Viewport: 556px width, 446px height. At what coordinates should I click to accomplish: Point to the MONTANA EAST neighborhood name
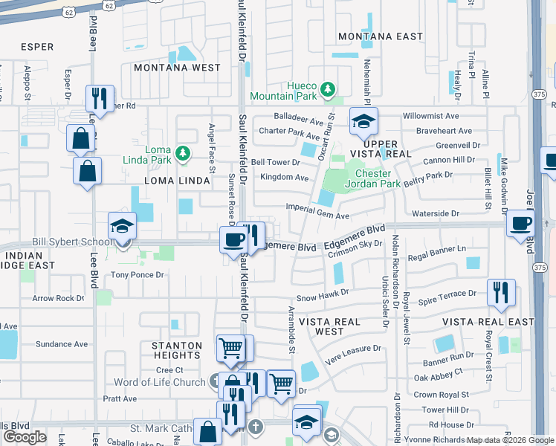point(380,36)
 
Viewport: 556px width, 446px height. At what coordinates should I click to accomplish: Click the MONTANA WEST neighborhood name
point(177,68)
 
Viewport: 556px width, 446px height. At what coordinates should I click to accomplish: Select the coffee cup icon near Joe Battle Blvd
point(521,223)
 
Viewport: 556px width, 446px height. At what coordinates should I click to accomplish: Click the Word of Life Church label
point(159,383)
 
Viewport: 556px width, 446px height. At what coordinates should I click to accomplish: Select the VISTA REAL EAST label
point(488,322)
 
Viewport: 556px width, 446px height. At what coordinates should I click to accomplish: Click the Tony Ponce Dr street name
point(137,275)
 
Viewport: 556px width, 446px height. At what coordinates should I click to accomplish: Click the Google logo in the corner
point(25,436)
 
